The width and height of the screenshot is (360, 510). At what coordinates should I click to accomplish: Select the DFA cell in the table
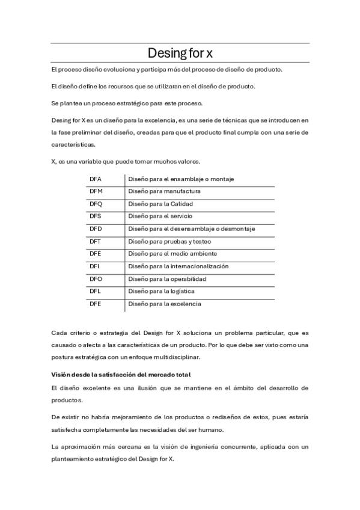click(x=96, y=179)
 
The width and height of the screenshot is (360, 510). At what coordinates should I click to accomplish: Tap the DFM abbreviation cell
click(x=96, y=191)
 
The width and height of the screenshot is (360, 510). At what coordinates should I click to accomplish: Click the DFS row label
click(x=96, y=217)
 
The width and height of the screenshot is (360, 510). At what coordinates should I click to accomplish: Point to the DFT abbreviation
click(x=95, y=241)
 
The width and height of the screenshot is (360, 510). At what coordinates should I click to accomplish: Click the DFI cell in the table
click(x=94, y=266)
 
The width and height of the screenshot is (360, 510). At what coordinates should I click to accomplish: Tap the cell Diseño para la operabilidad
click(x=166, y=279)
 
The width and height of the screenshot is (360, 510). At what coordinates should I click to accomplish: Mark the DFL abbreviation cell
click(x=95, y=291)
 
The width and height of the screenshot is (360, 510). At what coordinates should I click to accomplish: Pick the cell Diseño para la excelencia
click(x=164, y=304)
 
